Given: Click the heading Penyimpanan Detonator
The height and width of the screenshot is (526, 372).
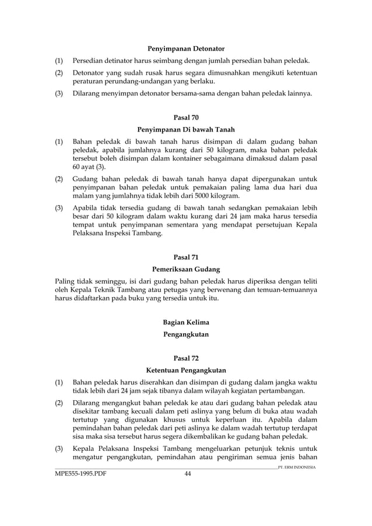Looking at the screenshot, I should click(x=186, y=48).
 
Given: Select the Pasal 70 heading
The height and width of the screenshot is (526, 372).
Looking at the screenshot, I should click(x=186, y=117).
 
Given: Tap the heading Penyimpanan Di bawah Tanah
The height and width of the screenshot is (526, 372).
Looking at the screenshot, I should click(x=186, y=129).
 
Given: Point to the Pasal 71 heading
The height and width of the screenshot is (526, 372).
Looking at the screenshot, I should click(x=186, y=257).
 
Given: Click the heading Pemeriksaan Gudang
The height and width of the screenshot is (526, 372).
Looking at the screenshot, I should click(x=186, y=269).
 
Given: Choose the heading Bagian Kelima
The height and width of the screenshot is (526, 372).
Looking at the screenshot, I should click(x=186, y=322).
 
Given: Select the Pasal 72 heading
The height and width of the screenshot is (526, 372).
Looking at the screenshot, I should click(x=186, y=358).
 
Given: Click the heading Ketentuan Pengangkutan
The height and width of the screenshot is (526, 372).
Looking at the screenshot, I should click(x=186, y=370).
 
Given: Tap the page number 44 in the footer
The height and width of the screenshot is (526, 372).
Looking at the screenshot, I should click(x=188, y=474).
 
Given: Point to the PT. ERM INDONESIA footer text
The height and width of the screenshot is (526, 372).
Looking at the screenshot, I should click(x=297, y=467).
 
